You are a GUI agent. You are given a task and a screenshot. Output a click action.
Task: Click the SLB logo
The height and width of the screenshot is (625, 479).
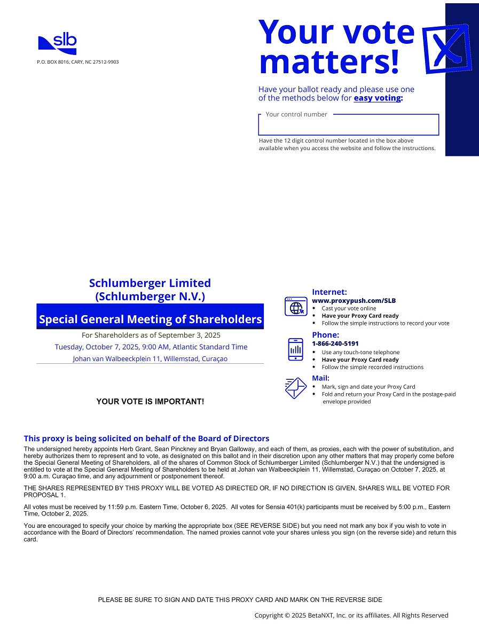57,44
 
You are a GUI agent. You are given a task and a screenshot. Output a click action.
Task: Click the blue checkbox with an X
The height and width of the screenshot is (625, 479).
446,49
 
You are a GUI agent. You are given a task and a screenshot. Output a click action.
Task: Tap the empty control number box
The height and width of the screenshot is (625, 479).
348,126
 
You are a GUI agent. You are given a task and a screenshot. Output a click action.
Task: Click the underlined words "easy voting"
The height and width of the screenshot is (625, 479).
377,98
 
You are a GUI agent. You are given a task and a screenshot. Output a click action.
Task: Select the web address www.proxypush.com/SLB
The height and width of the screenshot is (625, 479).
354,301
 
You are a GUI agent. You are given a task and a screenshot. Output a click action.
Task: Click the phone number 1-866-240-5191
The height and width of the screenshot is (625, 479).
335,343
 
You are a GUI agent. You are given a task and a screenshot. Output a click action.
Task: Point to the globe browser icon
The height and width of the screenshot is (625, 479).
296,307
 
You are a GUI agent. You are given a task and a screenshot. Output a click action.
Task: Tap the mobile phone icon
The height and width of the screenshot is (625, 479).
295,349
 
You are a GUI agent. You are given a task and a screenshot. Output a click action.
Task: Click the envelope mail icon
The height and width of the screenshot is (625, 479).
295,388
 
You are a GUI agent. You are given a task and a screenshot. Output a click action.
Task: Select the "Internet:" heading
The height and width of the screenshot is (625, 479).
329,292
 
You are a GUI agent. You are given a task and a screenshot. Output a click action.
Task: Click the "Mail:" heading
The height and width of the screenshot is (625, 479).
320,378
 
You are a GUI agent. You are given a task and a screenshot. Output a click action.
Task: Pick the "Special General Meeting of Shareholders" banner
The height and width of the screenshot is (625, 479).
150,319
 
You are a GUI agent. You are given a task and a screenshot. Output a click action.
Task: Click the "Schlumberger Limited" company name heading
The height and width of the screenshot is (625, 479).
150,283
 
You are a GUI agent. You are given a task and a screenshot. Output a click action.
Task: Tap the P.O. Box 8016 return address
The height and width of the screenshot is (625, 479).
78,62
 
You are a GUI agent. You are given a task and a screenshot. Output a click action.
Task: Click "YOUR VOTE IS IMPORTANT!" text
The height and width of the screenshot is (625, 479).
150,401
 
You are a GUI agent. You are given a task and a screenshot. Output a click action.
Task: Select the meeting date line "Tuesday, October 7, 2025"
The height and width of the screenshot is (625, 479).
151,347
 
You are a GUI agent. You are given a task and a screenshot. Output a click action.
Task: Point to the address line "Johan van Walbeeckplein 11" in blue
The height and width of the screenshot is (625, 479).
150,359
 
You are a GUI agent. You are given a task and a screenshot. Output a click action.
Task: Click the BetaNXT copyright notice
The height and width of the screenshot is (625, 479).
351,615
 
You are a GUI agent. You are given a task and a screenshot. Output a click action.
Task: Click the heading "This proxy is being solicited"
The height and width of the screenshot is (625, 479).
146,439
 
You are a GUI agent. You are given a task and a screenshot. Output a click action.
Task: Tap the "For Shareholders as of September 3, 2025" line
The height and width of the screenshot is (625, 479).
151,335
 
